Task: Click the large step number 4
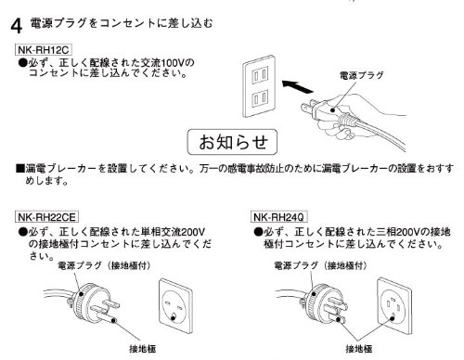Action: click(17, 26)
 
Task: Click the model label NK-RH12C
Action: click(44, 50)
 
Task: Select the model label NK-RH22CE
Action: click(46, 217)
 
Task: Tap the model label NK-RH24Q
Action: click(278, 217)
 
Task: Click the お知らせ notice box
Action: click(232, 142)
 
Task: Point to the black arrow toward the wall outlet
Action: click(298, 86)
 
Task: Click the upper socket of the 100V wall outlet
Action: click(260, 74)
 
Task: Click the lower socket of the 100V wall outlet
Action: click(260, 98)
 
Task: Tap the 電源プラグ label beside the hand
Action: click(361, 75)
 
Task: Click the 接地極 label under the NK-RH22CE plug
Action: click(142, 349)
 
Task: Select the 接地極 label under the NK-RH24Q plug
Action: click(359, 349)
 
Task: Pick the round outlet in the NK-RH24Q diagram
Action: click(393, 307)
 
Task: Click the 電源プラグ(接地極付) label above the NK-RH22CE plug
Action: click(105, 265)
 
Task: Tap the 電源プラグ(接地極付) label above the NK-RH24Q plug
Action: click(321, 265)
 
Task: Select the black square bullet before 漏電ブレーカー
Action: click(20, 168)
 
